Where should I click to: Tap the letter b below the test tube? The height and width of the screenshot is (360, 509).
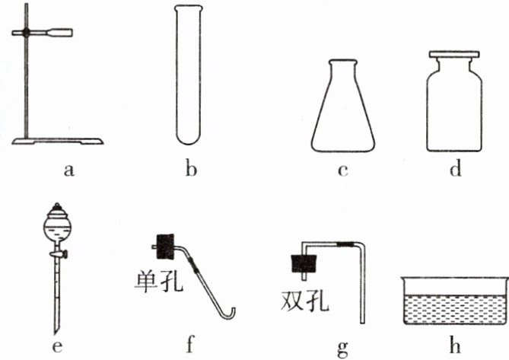pyautogui.click(x=191, y=169)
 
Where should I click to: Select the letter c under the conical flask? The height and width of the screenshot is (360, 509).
pyautogui.click(x=342, y=169)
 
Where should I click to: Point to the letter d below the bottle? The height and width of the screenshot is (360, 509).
pyautogui.click(x=455, y=168)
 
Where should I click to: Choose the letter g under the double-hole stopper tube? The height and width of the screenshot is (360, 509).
pyautogui.click(x=342, y=346)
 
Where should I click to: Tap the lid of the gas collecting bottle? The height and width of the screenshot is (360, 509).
pyautogui.click(x=455, y=55)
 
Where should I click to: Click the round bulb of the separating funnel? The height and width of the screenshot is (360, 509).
pyautogui.click(x=56, y=225)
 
